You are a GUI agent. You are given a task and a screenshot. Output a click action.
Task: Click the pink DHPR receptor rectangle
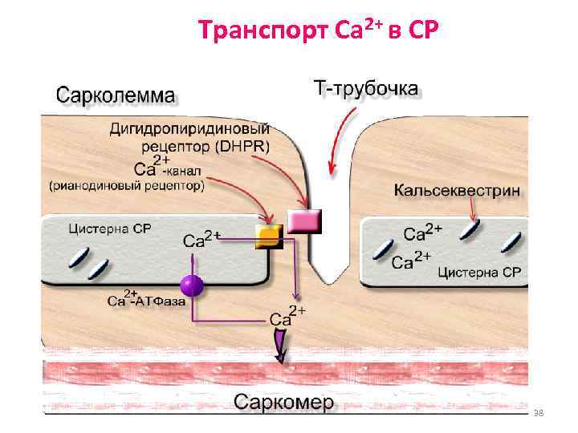click(304, 221)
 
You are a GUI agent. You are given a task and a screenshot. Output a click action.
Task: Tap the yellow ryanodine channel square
click(268, 236)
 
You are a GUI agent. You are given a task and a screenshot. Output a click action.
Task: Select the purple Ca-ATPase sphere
click(191, 285)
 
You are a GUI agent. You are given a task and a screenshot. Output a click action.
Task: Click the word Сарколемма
click(114, 95)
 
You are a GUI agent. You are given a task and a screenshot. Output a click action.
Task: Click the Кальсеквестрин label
click(457, 191)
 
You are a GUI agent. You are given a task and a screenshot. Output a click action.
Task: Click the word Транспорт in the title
click(250, 31)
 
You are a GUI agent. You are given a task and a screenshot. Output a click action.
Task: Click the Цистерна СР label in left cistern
click(111, 229)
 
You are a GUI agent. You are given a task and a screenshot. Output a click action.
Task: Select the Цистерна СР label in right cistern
click(479, 273)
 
